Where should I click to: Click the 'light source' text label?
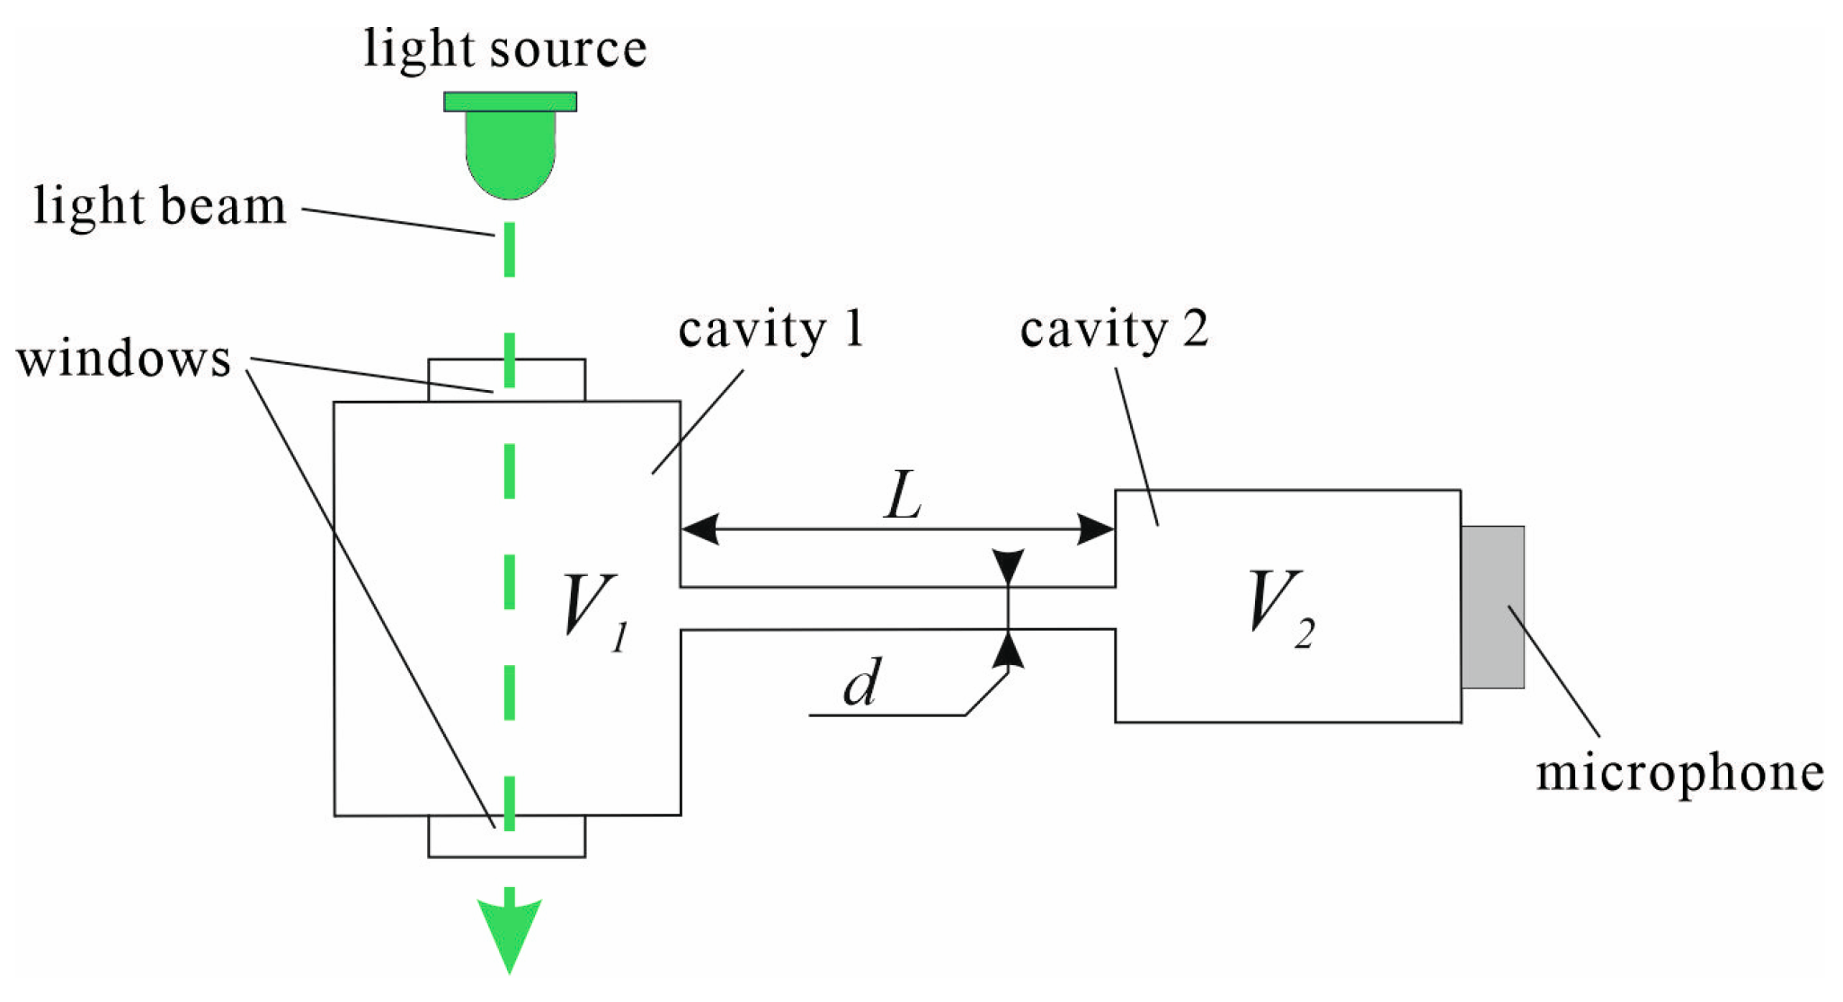point(504,49)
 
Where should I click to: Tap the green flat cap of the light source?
point(510,102)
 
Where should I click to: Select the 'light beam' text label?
point(160,207)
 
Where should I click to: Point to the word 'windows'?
point(124,359)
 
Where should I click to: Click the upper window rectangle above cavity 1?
point(548,380)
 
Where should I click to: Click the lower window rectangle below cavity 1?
point(548,837)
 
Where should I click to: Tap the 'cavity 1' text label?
point(770,330)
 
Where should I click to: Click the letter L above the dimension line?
point(904,497)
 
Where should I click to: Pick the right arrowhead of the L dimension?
point(1095,529)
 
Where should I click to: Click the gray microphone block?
point(1492,607)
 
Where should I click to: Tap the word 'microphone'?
point(1679,774)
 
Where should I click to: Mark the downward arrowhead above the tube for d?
point(1009,566)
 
